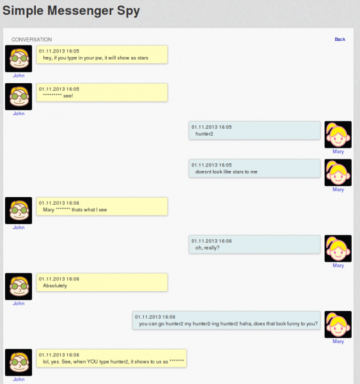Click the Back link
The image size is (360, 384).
click(x=340, y=39)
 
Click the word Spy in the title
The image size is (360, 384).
click(x=129, y=11)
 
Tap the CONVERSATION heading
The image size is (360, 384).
click(x=31, y=40)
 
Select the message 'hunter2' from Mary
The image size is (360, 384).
click(x=204, y=134)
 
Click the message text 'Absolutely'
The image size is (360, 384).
click(x=55, y=285)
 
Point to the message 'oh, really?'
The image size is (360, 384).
click(x=207, y=248)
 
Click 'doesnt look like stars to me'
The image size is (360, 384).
click(x=226, y=172)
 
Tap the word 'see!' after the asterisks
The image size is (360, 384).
click(x=68, y=96)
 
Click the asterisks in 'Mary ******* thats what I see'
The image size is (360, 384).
click(x=63, y=209)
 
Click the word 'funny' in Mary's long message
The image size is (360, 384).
click(x=293, y=324)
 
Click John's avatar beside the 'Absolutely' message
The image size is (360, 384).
click(x=19, y=287)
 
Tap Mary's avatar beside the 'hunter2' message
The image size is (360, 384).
click(x=338, y=134)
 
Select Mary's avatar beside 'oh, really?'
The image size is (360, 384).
click(x=338, y=248)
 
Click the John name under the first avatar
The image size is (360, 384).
click(x=19, y=76)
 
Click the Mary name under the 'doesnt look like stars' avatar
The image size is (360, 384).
click(x=338, y=189)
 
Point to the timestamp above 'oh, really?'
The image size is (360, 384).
click(x=212, y=241)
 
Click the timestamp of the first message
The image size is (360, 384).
click(x=59, y=51)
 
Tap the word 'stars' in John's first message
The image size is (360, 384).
click(x=143, y=58)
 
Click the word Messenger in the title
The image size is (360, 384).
click(x=81, y=11)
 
